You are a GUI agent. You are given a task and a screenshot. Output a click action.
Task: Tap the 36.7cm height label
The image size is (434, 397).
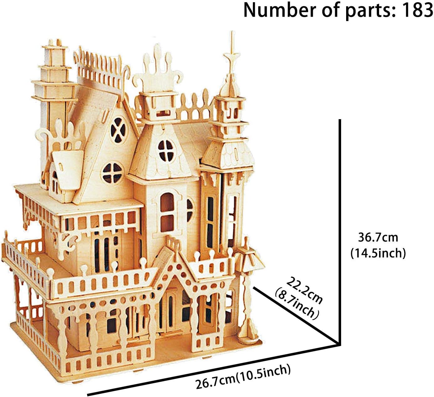[378, 237]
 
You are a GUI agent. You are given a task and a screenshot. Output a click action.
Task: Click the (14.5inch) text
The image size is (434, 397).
[378, 252]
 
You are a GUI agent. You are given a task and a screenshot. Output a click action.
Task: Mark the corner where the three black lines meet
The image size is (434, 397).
[339, 344]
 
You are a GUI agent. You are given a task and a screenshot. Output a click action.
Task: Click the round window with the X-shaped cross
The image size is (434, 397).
[119, 130]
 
